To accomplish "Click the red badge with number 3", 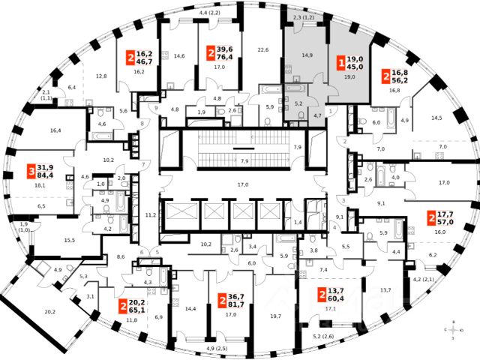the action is pos(31,171).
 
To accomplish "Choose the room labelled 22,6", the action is pos(262,50).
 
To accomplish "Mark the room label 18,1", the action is pos(40,185).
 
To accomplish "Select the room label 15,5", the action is pos(70,239).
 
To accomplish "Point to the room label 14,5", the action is pos(436,118).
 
